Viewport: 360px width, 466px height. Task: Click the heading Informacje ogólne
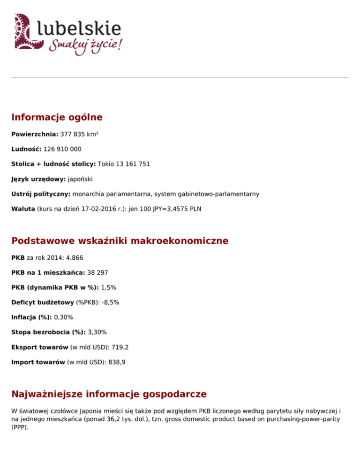57,117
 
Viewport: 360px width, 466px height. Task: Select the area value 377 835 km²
79,134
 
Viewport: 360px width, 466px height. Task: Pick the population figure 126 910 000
63,149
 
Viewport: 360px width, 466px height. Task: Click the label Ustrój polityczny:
41,194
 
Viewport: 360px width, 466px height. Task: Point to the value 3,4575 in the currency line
176,209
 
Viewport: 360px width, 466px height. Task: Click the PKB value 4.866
75,257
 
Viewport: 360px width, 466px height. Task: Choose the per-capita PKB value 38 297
98,272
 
